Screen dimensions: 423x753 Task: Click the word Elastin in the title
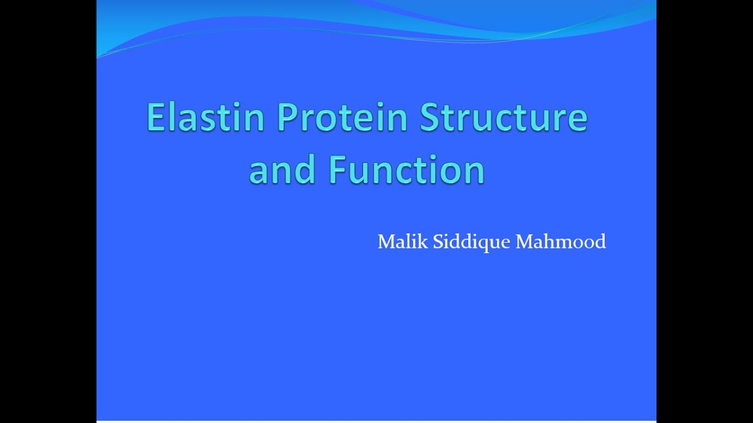click(x=205, y=117)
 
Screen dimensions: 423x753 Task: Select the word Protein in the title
click(x=342, y=117)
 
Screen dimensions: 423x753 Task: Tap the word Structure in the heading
click(x=504, y=117)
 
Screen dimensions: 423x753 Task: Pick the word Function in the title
click(x=407, y=169)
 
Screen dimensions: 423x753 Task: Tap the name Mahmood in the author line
click(x=561, y=241)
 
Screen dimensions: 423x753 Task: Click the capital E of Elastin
click(x=155, y=117)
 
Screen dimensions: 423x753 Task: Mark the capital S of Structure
click(x=430, y=117)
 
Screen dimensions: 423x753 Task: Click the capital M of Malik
click(x=386, y=241)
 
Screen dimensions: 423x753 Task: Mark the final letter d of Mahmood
click(x=600, y=241)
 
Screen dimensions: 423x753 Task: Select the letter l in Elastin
click(x=171, y=117)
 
